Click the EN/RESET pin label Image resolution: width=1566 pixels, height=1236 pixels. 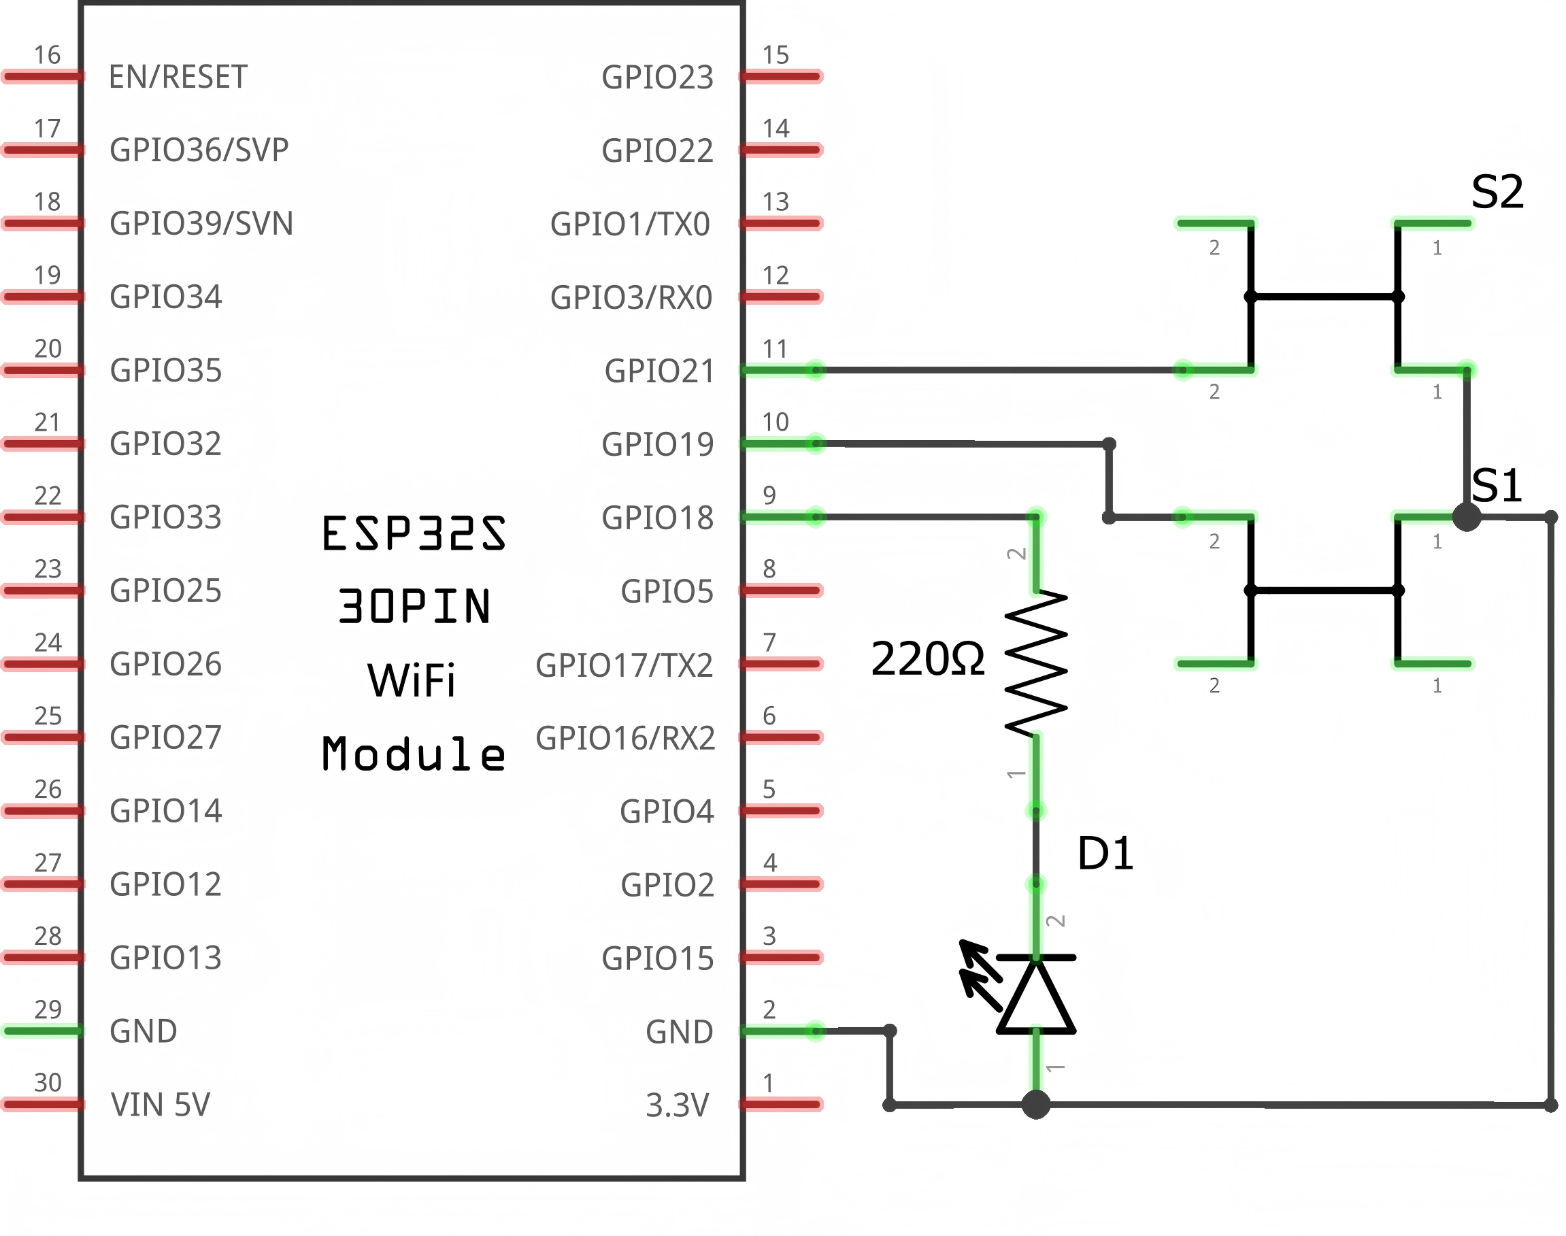pyautogui.click(x=178, y=77)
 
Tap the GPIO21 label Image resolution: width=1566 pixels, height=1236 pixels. pyautogui.click(x=659, y=371)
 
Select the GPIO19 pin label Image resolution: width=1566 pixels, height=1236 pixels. pyautogui.click(x=657, y=444)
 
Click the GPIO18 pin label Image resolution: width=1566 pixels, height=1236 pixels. pyautogui.click(x=657, y=518)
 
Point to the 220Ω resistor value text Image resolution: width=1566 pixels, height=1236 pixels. pyautogui.click(x=927, y=659)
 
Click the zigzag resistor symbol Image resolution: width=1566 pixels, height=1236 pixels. pyautogui.click(x=1035, y=664)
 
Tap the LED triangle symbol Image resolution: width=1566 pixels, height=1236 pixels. pyautogui.click(x=1035, y=997)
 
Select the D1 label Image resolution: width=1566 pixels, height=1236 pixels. pyautogui.click(x=1104, y=854)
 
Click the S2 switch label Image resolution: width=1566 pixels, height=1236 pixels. pyautogui.click(x=1497, y=193)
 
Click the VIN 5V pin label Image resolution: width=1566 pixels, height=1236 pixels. pyautogui.click(x=160, y=1105)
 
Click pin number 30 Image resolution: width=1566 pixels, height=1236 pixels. pyautogui.click(x=48, y=1082)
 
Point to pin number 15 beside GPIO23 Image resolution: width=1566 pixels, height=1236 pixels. pyautogui.click(x=775, y=55)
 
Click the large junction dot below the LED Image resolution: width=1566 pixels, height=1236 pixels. pyautogui.click(x=1035, y=1105)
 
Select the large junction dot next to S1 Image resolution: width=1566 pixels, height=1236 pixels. pyautogui.click(x=1466, y=518)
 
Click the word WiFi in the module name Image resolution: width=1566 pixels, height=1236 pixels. pyautogui.click(x=411, y=681)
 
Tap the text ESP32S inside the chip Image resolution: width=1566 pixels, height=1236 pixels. pyautogui.click(x=413, y=534)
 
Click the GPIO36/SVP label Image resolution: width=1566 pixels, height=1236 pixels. pyautogui.click(x=199, y=150)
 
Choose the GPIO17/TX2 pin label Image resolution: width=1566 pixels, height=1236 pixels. pyautogui.click(x=624, y=665)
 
